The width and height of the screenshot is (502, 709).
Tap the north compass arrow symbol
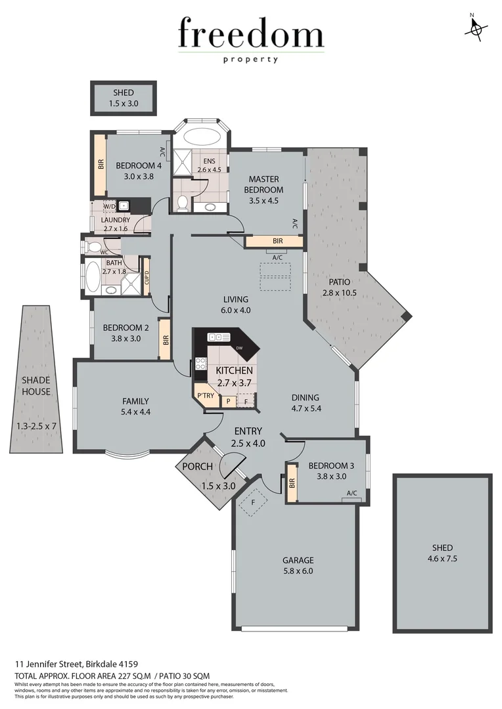pyautogui.click(x=475, y=28)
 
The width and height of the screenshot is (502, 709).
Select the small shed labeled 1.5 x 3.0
pyautogui.click(x=123, y=98)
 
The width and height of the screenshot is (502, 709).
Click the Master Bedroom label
pyautogui.click(x=263, y=184)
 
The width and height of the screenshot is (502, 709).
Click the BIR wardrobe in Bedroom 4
pyautogui.click(x=101, y=163)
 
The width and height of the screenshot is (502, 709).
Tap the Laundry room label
pyautogui.click(x=116, y=220)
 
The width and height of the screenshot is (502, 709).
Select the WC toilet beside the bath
pyautogui.click(x=91, y=247)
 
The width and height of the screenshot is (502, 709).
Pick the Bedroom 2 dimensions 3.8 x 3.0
pyautogui.click(x=121, y=338)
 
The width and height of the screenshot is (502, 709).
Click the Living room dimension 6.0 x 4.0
pyautogui.click(x=236, y=310)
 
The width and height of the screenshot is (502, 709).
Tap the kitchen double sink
pyautogui.click(x=219, y=337)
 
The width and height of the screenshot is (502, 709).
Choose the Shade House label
pyautogui.click(x=35, y=386)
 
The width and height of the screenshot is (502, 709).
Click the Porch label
pyautogui.click(x=197, y=467)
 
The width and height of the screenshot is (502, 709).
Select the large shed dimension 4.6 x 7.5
pyautogui.click(x=442, y=560)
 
